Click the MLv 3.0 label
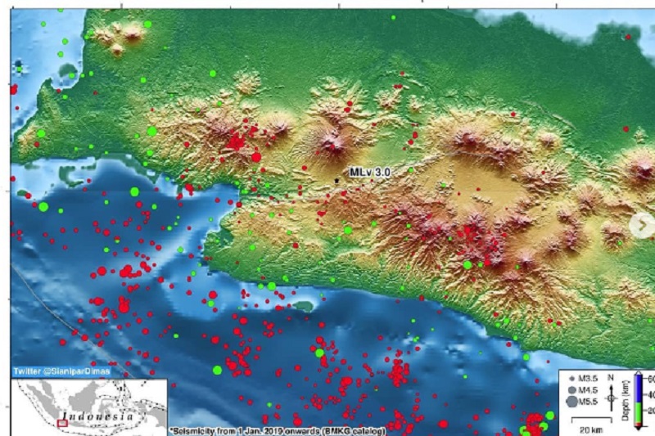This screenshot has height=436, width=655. click(x=370, y=173)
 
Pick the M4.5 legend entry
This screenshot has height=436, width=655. click(x=586, y=390)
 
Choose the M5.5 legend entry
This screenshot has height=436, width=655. click(x=586, y=402)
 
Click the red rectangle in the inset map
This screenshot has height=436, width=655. click(x=62, y=423)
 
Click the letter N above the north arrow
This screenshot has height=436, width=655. click(x=610, y=377)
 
